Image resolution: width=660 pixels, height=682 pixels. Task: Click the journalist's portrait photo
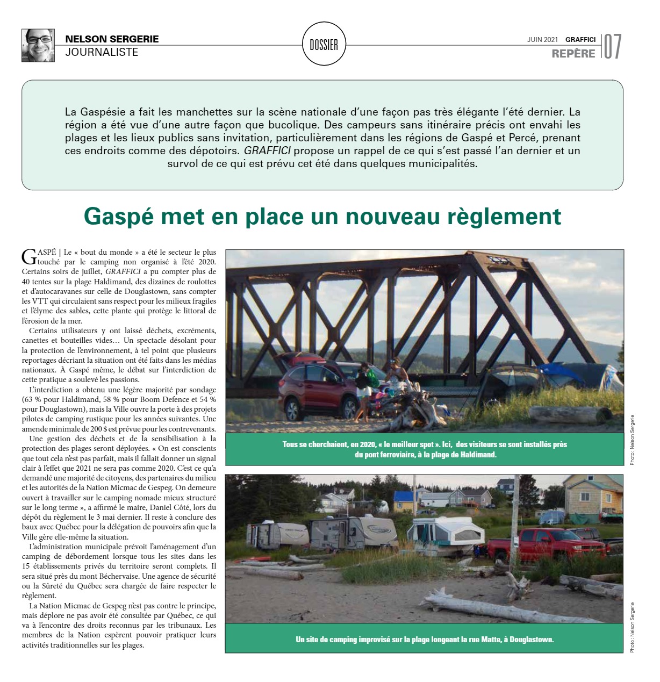(x=38, y=46)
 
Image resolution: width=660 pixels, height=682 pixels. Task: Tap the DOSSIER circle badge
(x=324, y=45)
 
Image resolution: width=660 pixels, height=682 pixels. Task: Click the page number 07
(x=612, y=47)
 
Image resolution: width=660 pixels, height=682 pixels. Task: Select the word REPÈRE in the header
(x=573, y=54)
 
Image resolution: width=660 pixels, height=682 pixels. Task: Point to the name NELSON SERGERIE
(x=112, y=39)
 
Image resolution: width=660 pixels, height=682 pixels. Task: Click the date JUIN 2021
(x=542, y=39)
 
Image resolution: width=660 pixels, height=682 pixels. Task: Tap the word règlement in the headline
(x=505, y=216)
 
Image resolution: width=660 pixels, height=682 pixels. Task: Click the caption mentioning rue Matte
(x=425, y=640)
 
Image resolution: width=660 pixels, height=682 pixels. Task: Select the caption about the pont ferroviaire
(x=425, y=449)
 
